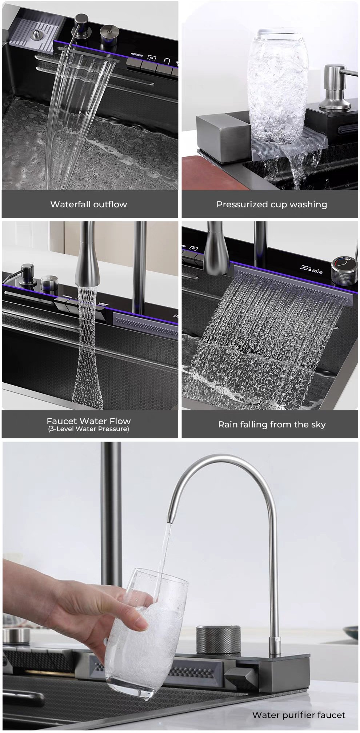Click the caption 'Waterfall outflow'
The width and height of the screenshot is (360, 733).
click(x=89, y=204)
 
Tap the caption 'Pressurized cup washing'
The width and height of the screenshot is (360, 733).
click(x=272, y=204)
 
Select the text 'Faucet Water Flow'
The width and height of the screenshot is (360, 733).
click(x=89, y=421)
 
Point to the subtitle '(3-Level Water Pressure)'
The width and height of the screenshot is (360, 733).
click(x=89, y=429)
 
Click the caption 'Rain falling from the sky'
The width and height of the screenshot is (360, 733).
click(x=272, y=425)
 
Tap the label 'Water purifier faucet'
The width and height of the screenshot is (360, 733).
click(x=299, y=715)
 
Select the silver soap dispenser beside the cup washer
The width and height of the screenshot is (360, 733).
click(x=335, y=87)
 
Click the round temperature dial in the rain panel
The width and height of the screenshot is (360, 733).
click(x=341, y=268)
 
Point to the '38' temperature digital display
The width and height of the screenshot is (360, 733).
click(x=304, y=267)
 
